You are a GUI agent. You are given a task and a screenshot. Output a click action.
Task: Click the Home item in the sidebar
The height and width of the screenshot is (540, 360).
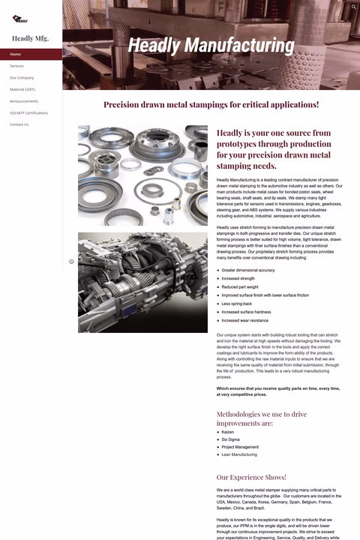(x=16, y=54)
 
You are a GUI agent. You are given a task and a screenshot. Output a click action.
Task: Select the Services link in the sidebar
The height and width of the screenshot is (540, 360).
(x=17, y=66)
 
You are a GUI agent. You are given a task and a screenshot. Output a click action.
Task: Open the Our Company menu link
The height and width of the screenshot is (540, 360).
(x=22, y=77)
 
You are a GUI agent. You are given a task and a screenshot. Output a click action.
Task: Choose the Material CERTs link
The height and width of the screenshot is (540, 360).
(x=22, y=89)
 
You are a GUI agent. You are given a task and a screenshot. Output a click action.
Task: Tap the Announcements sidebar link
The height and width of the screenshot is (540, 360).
(x=24, y=101)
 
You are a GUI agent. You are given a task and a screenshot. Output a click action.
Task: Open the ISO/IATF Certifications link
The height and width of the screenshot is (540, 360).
(x=28, y=112)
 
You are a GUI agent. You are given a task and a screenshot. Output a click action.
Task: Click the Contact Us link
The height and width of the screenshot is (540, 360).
(x=19, y=124)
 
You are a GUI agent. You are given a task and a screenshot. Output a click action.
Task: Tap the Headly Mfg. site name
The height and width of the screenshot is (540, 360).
(x=31, y=38)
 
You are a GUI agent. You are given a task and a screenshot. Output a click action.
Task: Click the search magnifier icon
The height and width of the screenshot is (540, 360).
(x=354, y=7)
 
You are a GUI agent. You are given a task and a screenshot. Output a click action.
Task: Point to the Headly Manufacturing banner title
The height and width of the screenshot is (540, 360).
(x=211, y=46)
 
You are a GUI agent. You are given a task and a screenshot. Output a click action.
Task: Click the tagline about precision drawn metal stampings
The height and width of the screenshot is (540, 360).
(x=211, y=105)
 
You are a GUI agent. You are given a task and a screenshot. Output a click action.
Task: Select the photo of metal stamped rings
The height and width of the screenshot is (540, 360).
(x=142, y=175)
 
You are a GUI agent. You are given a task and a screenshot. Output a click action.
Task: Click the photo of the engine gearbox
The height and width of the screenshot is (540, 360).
(x=142, y=282)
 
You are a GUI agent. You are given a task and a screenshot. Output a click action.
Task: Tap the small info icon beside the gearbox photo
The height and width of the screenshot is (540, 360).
(x=71, y=262)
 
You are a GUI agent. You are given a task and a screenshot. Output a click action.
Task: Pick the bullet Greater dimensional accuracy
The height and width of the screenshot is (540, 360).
(x=248, y=270)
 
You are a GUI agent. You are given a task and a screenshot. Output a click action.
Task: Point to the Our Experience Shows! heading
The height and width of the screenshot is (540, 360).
(x=251, y=477)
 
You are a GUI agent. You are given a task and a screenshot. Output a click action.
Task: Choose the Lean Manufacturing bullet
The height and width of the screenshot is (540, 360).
(x=239, y=454)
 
